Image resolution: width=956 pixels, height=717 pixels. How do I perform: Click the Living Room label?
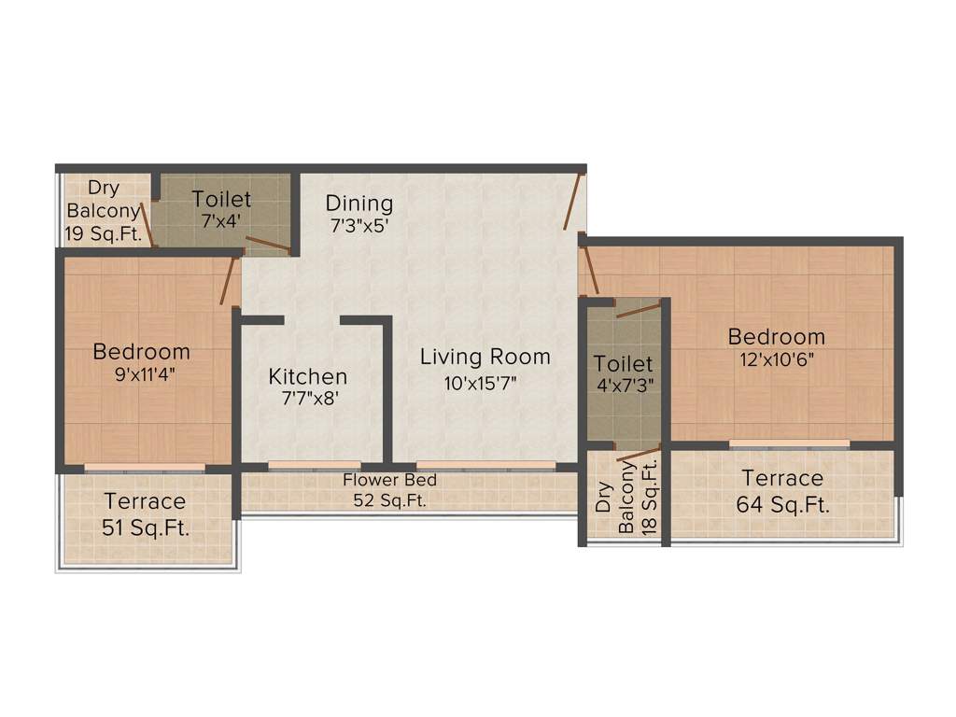click(485, 357)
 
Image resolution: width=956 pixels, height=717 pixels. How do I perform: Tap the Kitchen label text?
click(308, 377)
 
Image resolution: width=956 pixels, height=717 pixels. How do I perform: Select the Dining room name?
click(359, 204)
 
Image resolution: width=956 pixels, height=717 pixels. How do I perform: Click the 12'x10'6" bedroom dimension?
click(776, 360)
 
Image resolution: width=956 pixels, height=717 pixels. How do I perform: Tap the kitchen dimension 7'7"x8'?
click(303, 399)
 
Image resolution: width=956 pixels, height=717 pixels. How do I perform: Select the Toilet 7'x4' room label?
click(221, 199)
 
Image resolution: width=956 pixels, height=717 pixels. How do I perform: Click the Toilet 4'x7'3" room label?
click(623, 363)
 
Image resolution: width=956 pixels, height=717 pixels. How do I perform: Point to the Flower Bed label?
click(389, 481)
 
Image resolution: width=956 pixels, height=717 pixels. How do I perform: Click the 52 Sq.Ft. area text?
click(389, 500)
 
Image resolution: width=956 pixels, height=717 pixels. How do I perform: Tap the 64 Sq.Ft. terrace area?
click(783, 506)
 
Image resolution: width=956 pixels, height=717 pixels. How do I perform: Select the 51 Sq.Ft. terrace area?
click(146, 527)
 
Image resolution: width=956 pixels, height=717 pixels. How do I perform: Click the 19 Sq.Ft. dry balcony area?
click(102, 234)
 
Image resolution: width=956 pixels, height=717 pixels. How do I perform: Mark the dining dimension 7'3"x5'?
click(358, 226)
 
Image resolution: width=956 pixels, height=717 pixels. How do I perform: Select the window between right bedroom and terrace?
click(789, 443)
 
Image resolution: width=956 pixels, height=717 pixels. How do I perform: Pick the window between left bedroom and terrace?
click(144, 467)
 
